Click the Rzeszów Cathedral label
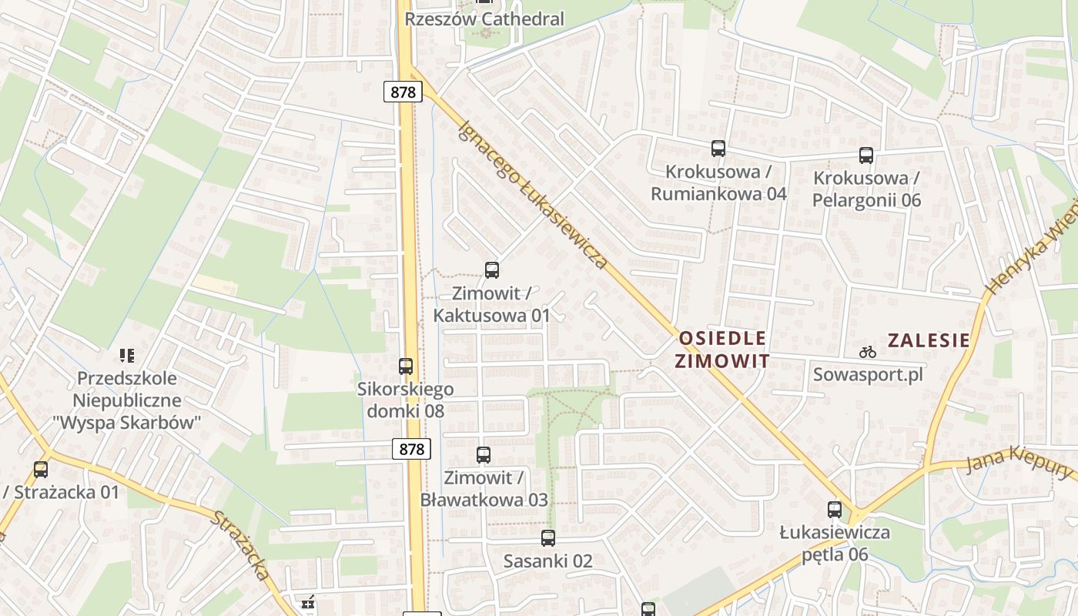(484, 18)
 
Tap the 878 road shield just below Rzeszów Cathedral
(403, 92)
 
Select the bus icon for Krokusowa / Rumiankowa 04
(718, 149)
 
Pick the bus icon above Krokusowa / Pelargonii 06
(866, 156)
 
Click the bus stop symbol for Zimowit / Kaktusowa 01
(492, 270)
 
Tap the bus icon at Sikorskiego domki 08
(406, 367)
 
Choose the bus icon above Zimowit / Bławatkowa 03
(484, 455)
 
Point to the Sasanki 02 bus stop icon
(548, 538)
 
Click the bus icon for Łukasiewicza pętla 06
(835, 509)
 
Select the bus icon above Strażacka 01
(41, 469)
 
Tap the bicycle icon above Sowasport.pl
(868, 352)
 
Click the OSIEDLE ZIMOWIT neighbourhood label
(722, 350)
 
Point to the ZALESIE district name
(929, 340)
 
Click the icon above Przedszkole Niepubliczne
(127, 355)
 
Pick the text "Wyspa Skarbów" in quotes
(127, 423)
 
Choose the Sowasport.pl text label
(868, 375)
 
